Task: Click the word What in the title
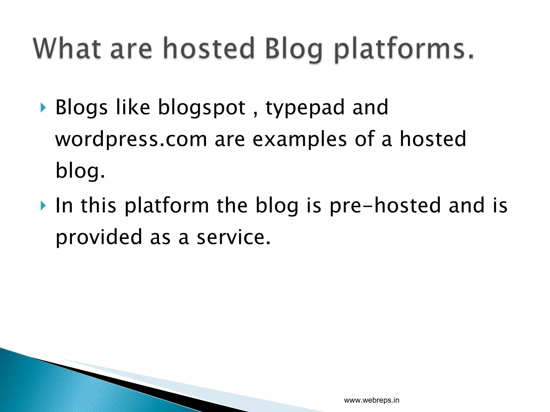tap(67, 48)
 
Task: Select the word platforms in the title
tap(404, 50)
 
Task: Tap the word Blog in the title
tap(294, 50)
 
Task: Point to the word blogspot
tap(202, 108)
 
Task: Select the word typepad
tap(305, 108)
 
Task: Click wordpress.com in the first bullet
tap(131, 139)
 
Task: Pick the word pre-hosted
tap(385, 206)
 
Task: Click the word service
tap(233, 237)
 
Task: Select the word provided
tap(99, 237)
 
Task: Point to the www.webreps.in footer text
tap(371, 400)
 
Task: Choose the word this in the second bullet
tap(99, 205)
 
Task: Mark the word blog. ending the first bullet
tap(80, 171)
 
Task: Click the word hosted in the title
tap(209, 48)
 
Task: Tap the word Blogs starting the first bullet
tap(81, 108)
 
